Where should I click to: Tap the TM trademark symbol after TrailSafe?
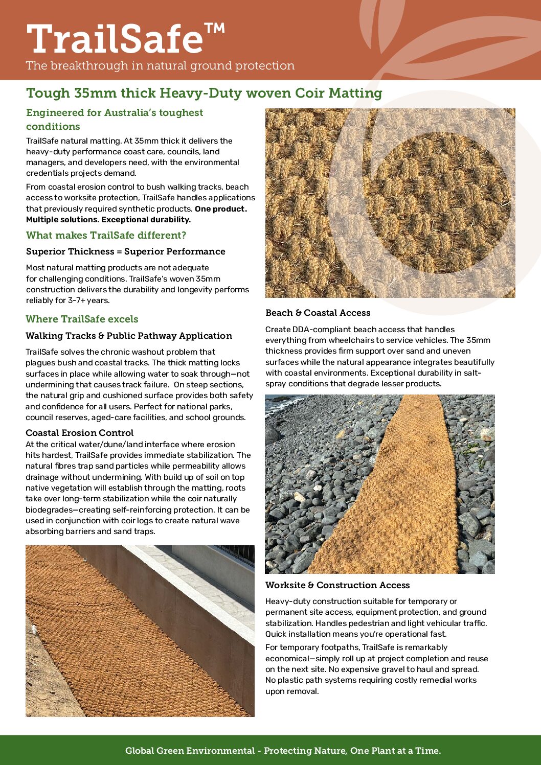215,29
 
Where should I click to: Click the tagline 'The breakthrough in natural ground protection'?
160,66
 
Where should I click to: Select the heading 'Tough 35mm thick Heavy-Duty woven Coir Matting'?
204,93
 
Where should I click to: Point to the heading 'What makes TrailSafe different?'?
106,235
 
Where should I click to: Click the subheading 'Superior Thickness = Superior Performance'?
125,251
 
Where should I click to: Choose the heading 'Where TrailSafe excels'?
82,319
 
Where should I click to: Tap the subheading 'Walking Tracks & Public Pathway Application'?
129,336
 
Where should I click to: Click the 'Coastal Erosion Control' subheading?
80,433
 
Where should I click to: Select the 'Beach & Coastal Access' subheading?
318,313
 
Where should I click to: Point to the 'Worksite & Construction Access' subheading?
337,585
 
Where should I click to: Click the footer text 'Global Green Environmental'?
190,751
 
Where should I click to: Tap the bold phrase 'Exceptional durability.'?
146,220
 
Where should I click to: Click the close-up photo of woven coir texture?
390,203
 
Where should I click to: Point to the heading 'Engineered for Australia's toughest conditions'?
115,119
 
